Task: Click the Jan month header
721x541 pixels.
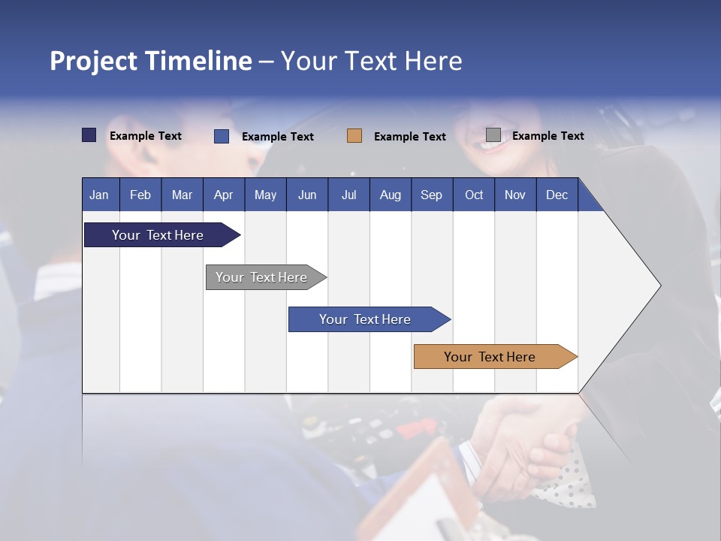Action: [100, 195]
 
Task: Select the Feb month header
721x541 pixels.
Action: [140, 195]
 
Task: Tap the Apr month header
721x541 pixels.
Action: [224, 195]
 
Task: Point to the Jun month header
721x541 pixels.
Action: [307, 195]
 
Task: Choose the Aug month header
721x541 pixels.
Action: [391, 195]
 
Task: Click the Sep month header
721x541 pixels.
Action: [432, 195]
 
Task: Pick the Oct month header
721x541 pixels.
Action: [474, 195]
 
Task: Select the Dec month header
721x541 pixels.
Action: [557, 195]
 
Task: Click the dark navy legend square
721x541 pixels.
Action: [89, 135]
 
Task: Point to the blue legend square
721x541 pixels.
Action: [222, 136]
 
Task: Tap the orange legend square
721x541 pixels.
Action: [354, 136]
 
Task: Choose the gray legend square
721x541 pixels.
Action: [493, 135]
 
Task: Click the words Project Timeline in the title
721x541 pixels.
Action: [151, 61]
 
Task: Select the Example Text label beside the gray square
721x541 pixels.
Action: [548, 136]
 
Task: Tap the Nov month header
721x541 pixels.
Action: [515, 195]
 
